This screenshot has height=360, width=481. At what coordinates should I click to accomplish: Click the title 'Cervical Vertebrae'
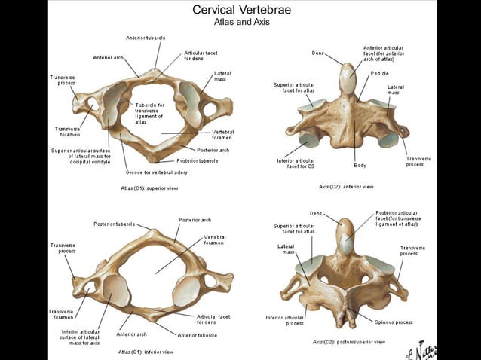pos(241,10)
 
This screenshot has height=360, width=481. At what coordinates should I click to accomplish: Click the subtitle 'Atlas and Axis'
pos(241,22)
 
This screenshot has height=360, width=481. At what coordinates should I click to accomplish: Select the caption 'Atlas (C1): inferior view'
pos(146,351)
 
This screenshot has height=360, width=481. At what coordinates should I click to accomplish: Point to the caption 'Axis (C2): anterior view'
pos(346,186)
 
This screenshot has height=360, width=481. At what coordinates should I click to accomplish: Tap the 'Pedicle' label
pos(379,74)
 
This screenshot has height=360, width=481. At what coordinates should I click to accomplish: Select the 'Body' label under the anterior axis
pos(360,165)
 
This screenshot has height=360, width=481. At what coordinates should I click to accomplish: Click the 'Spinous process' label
pos(393,322)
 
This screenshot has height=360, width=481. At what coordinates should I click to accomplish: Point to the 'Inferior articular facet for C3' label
pos(296,163)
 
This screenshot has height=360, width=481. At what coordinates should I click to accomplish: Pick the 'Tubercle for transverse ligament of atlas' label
pos(150,113)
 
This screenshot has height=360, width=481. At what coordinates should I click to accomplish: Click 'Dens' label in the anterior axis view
pos(318,52)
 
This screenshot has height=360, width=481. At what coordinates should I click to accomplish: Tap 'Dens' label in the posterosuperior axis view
pos(316,213)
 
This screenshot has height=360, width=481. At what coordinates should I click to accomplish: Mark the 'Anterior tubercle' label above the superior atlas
pos(146,38)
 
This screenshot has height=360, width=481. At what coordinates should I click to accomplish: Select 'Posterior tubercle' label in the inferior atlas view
pos(114,224)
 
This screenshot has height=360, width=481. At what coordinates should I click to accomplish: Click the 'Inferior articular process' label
pos(285,320)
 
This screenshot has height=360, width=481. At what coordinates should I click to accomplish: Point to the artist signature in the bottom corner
pos(430,351)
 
